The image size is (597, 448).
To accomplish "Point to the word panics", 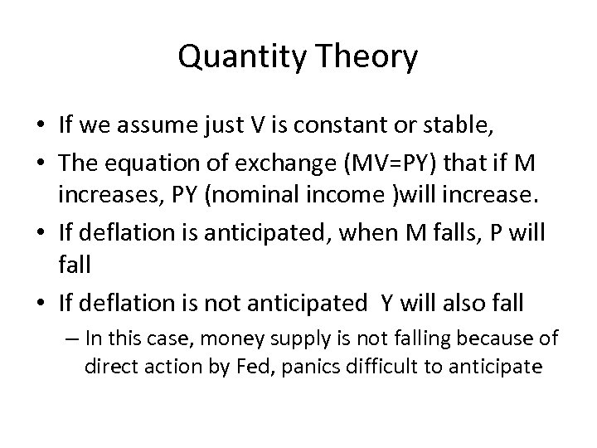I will pyautogui.click(x=312, y=366).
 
